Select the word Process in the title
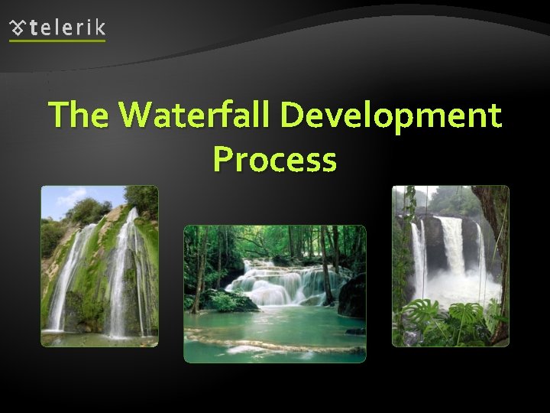click(274, 159)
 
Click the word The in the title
click(79, 116)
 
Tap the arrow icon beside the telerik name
click(18, 28)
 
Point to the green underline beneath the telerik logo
click(57, 41)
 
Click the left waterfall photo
click(99, 266)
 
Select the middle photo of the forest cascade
click(274, 293)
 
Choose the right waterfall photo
click(450, 266)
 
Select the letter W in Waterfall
click(136, 116)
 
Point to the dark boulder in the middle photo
click(353, 298)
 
